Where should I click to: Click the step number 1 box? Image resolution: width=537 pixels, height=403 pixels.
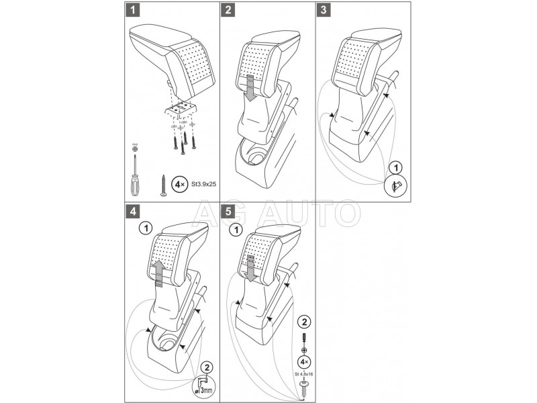(x=134, y=11)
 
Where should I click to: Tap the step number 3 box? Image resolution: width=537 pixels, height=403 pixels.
(x=324, y=11)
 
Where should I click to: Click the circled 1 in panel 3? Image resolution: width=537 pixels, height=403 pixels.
(x=395, y=167)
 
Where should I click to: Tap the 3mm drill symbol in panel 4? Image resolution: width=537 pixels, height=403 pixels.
(x=205, y=386)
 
